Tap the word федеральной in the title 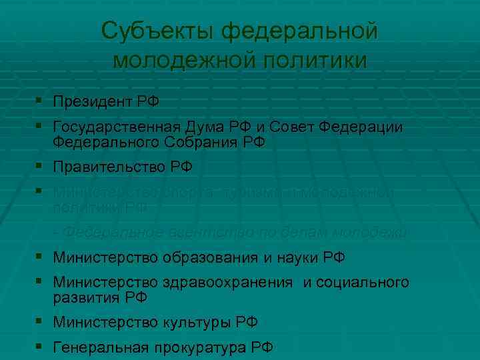[x=299, y=31]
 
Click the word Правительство [x=111, y=167]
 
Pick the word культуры [x=198, y=322]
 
